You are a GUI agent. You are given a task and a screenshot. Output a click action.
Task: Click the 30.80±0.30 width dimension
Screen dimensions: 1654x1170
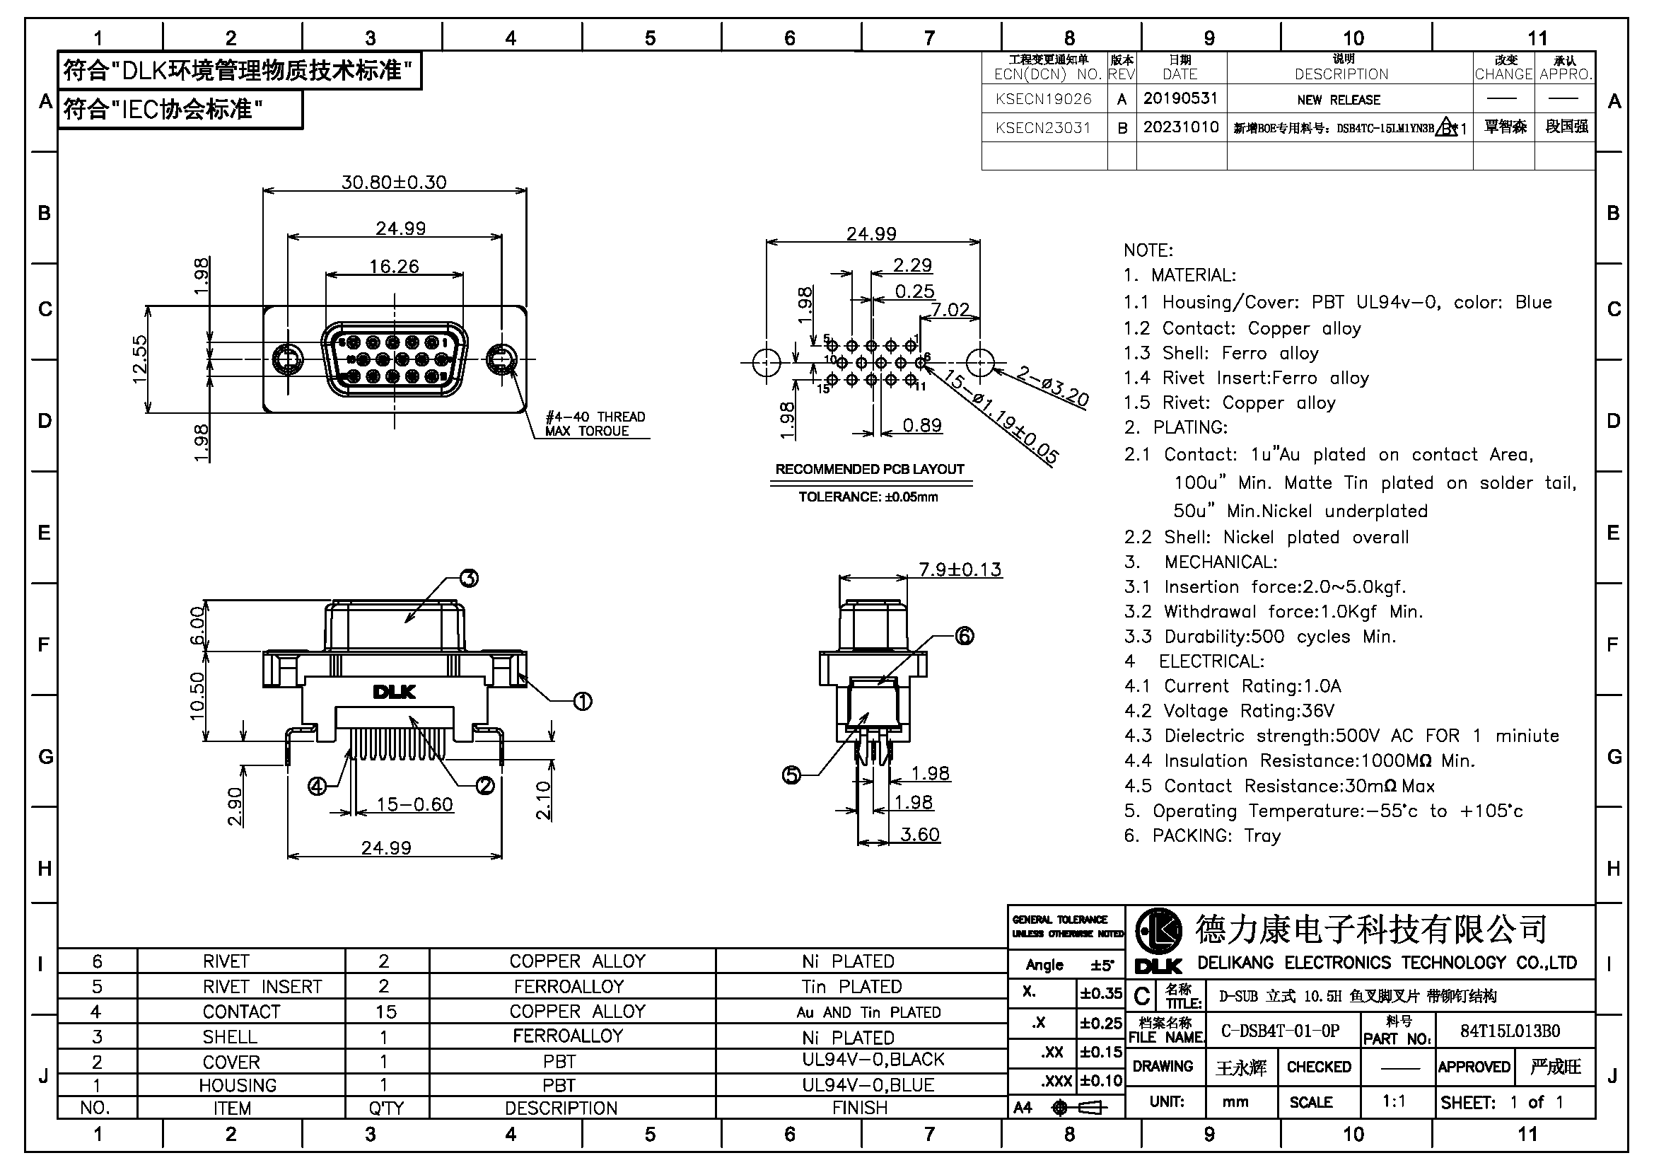pyautogui.click(x=394, y=182)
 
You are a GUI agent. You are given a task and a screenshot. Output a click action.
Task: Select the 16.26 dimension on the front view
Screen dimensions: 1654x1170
pyautogui.click(x=394, y=267)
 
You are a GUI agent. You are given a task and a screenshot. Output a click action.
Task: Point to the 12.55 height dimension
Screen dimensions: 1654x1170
pyautogui.click(x=140, y=359)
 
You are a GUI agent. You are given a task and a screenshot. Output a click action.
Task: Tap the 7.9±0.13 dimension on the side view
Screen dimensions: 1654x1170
pyautogui.click(x=960, y=569)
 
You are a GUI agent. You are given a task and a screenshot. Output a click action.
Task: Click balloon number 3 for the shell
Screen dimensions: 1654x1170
pyautogui.click(x=469, y=578)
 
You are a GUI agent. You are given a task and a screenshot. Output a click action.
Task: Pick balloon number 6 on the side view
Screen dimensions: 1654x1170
pyautogui.click(x=965, y=635)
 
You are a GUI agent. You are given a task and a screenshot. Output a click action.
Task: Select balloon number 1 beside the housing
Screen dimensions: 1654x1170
pyautogui.click(x=582, y=700)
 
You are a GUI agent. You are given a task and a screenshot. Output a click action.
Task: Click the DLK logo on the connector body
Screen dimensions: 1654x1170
pyautogui.click(x=394, y=692)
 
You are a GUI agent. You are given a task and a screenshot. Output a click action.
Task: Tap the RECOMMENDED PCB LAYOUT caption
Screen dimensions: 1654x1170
pyautogui.click(x=870, y=469)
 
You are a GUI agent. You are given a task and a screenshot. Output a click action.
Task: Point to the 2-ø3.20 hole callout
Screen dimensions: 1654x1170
pyautogui.click(x=1052, y=387)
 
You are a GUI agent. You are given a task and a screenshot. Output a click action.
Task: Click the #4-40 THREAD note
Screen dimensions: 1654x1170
pyautogui.click(x=595, y=417)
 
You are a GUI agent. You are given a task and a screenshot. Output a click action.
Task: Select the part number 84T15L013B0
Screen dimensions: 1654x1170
pyautogui.click(x=1510, y=1031)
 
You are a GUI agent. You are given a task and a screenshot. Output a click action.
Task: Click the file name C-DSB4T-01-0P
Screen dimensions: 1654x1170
pyautogui.click(x=1280, y=1031)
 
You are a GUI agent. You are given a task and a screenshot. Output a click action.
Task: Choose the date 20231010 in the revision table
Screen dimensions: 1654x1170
pyautogui.click(x=1181, y=127)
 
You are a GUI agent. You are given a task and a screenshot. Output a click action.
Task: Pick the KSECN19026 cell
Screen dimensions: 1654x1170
pyautogui.click(x=1044, y=99)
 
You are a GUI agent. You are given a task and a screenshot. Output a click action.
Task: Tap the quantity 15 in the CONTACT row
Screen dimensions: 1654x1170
pyautogui.click(x=386, y=1012)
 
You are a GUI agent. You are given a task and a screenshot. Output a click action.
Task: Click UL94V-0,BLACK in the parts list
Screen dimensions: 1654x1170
pyautogui.click(x=873, y=1059)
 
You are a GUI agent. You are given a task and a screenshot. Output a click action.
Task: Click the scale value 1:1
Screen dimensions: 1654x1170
pyautogui.click(x=1394, y=1101)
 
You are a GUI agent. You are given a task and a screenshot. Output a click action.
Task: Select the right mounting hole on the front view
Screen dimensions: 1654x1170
pyautogui.click(x=502, y=359)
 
